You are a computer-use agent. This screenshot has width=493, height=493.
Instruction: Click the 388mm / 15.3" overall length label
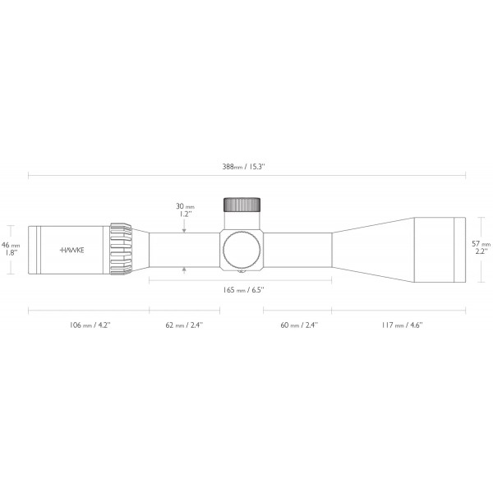(247, 166)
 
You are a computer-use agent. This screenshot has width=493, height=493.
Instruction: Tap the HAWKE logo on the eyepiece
(73, 249)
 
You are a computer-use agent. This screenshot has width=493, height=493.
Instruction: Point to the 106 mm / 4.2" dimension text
(88, 325)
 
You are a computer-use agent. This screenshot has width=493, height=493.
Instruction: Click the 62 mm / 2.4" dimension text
(184, 325)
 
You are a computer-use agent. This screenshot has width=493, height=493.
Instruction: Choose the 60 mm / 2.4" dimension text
(298, 325)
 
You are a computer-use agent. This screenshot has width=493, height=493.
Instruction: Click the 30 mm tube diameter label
(184, 206)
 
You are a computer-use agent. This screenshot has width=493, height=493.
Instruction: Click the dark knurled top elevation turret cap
(242, 205)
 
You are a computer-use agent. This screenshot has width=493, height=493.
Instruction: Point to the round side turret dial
(242, 249)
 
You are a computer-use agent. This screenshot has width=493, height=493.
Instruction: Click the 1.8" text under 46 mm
(11, 253)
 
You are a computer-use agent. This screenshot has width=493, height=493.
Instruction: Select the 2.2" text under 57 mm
(481, 252)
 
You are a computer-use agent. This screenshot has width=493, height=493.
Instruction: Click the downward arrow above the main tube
(184, 229)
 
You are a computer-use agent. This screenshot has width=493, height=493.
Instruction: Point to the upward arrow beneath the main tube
(184, 269)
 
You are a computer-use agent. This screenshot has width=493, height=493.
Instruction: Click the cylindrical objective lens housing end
(440, 248)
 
